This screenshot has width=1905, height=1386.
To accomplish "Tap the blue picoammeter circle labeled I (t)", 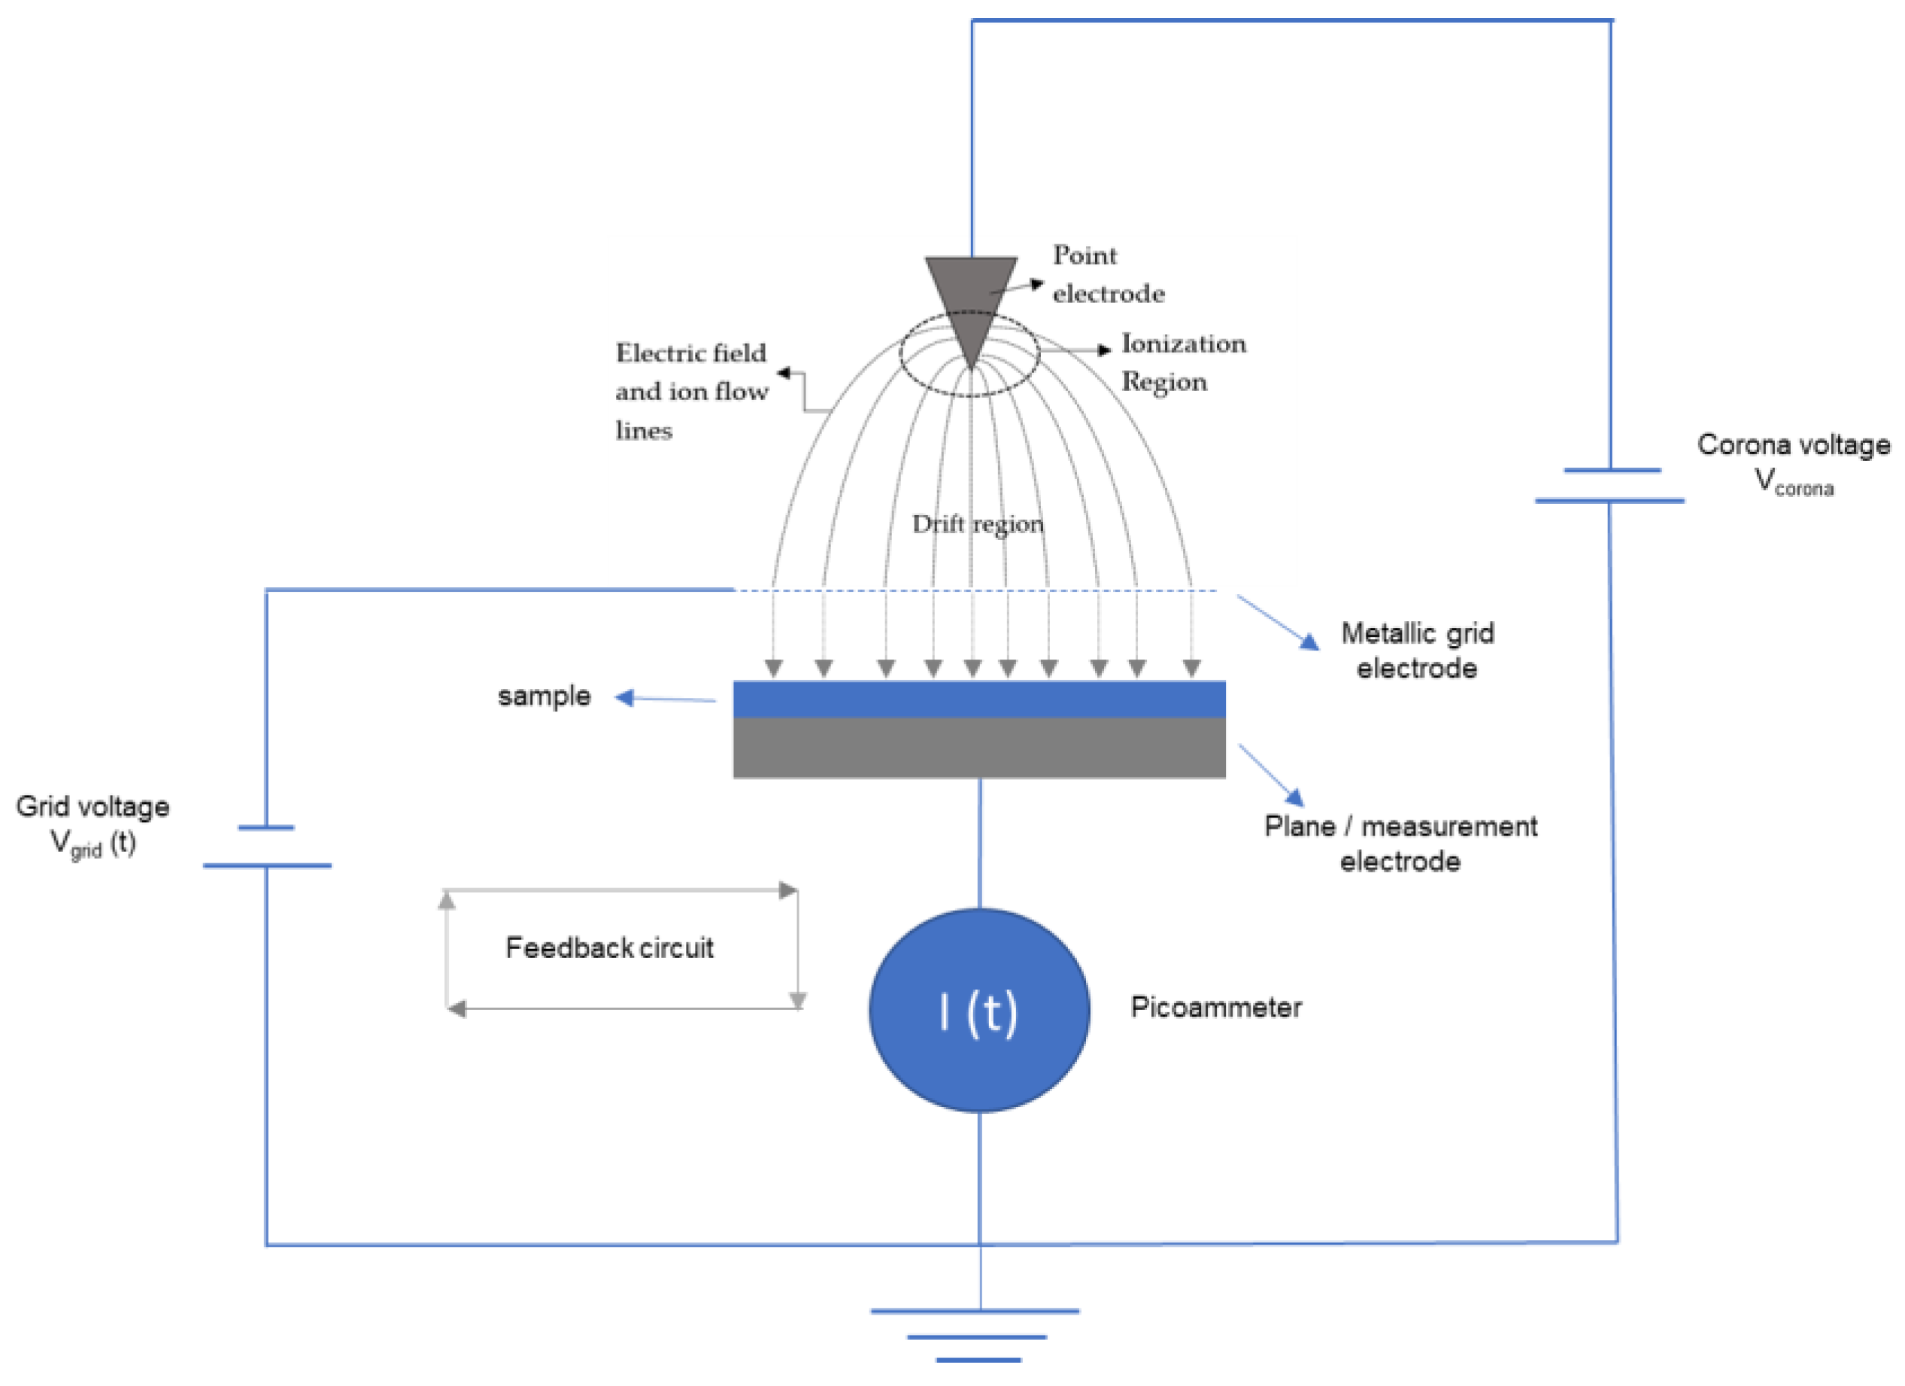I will point(979,1011).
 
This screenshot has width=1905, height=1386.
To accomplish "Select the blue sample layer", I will point(979,699).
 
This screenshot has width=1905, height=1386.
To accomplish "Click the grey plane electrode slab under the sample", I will point(979,748).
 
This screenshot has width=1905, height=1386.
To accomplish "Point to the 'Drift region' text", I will point(978,524).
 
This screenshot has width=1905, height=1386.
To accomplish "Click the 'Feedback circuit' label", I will point(609,948).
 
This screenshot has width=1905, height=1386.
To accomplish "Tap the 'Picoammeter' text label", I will point(1215,1007).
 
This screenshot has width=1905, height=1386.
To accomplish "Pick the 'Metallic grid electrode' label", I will point(1417,651).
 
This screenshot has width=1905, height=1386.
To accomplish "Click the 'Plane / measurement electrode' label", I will point(1400,843).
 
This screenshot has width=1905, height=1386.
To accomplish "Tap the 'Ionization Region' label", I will point(1183,362).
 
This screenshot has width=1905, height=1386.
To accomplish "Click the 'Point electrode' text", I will point(1107,274).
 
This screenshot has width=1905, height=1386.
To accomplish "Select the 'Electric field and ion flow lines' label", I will point(690,392).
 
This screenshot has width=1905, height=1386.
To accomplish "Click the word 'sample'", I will point(544,696).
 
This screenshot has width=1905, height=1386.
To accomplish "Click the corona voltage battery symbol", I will point(1609,486).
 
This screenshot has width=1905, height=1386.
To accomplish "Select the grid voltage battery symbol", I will point(266,847).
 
